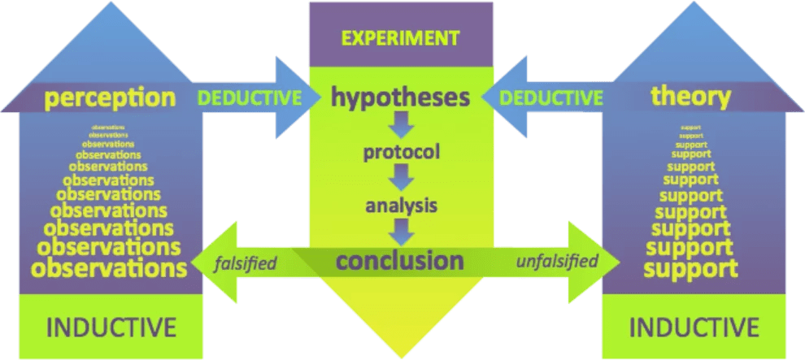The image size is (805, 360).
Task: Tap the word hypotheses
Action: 401,98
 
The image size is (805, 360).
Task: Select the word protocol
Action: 402,152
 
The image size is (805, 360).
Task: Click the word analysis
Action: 402,204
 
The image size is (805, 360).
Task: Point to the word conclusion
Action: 399,261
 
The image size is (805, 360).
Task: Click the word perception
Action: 111,98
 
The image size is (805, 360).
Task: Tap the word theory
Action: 691,98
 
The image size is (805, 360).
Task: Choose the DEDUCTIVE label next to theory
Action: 551,98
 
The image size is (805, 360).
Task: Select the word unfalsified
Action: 558,261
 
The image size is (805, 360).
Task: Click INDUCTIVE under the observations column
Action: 111,328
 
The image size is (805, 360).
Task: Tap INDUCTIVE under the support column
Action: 694,328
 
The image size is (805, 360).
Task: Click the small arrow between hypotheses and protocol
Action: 401,125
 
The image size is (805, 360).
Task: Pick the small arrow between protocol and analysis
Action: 401,177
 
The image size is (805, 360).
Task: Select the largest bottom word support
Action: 696,267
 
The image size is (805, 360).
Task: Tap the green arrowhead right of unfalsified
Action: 601,261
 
